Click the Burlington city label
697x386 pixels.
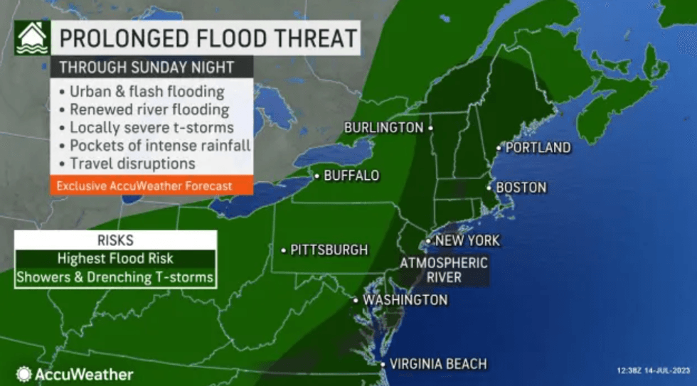click(383, 128)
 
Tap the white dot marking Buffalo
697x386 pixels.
click(317, 175)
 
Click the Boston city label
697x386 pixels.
click(521, 188)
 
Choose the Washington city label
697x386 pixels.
click(405, 300)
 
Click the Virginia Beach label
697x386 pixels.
click(440, 364)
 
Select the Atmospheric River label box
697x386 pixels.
click(444, 270)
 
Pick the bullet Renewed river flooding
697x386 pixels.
click(149, 109)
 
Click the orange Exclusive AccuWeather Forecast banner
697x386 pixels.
click(151, 186)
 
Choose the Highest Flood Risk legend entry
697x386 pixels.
click(115, 259)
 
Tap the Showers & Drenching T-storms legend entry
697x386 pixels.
click(115, 277)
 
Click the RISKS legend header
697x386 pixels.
click(115, 240)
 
